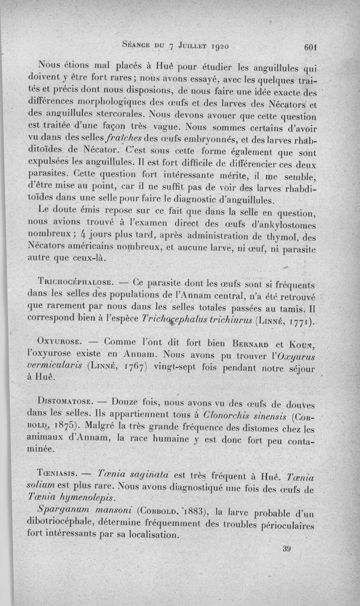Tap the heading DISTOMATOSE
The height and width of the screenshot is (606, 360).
pyautogui.click(x=66, y=400)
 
